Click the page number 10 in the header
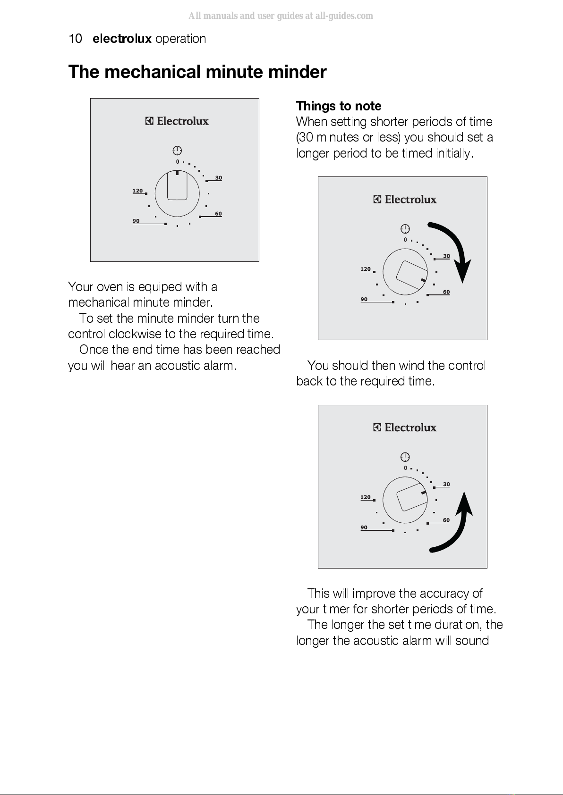point(75,39)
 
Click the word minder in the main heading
point(297,72)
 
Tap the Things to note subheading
point(339,106)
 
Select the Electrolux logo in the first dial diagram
point(177,121)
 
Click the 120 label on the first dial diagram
point(137,191)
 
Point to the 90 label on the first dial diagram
point(136,221)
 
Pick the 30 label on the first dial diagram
point(219,178)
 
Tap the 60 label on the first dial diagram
point(219,214)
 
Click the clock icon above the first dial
point(177,151)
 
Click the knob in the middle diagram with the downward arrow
point(405,272)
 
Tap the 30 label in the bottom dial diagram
point(446,484)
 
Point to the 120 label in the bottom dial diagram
point(366,497)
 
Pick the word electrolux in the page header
point(122,39)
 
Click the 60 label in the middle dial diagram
point(446,292)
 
